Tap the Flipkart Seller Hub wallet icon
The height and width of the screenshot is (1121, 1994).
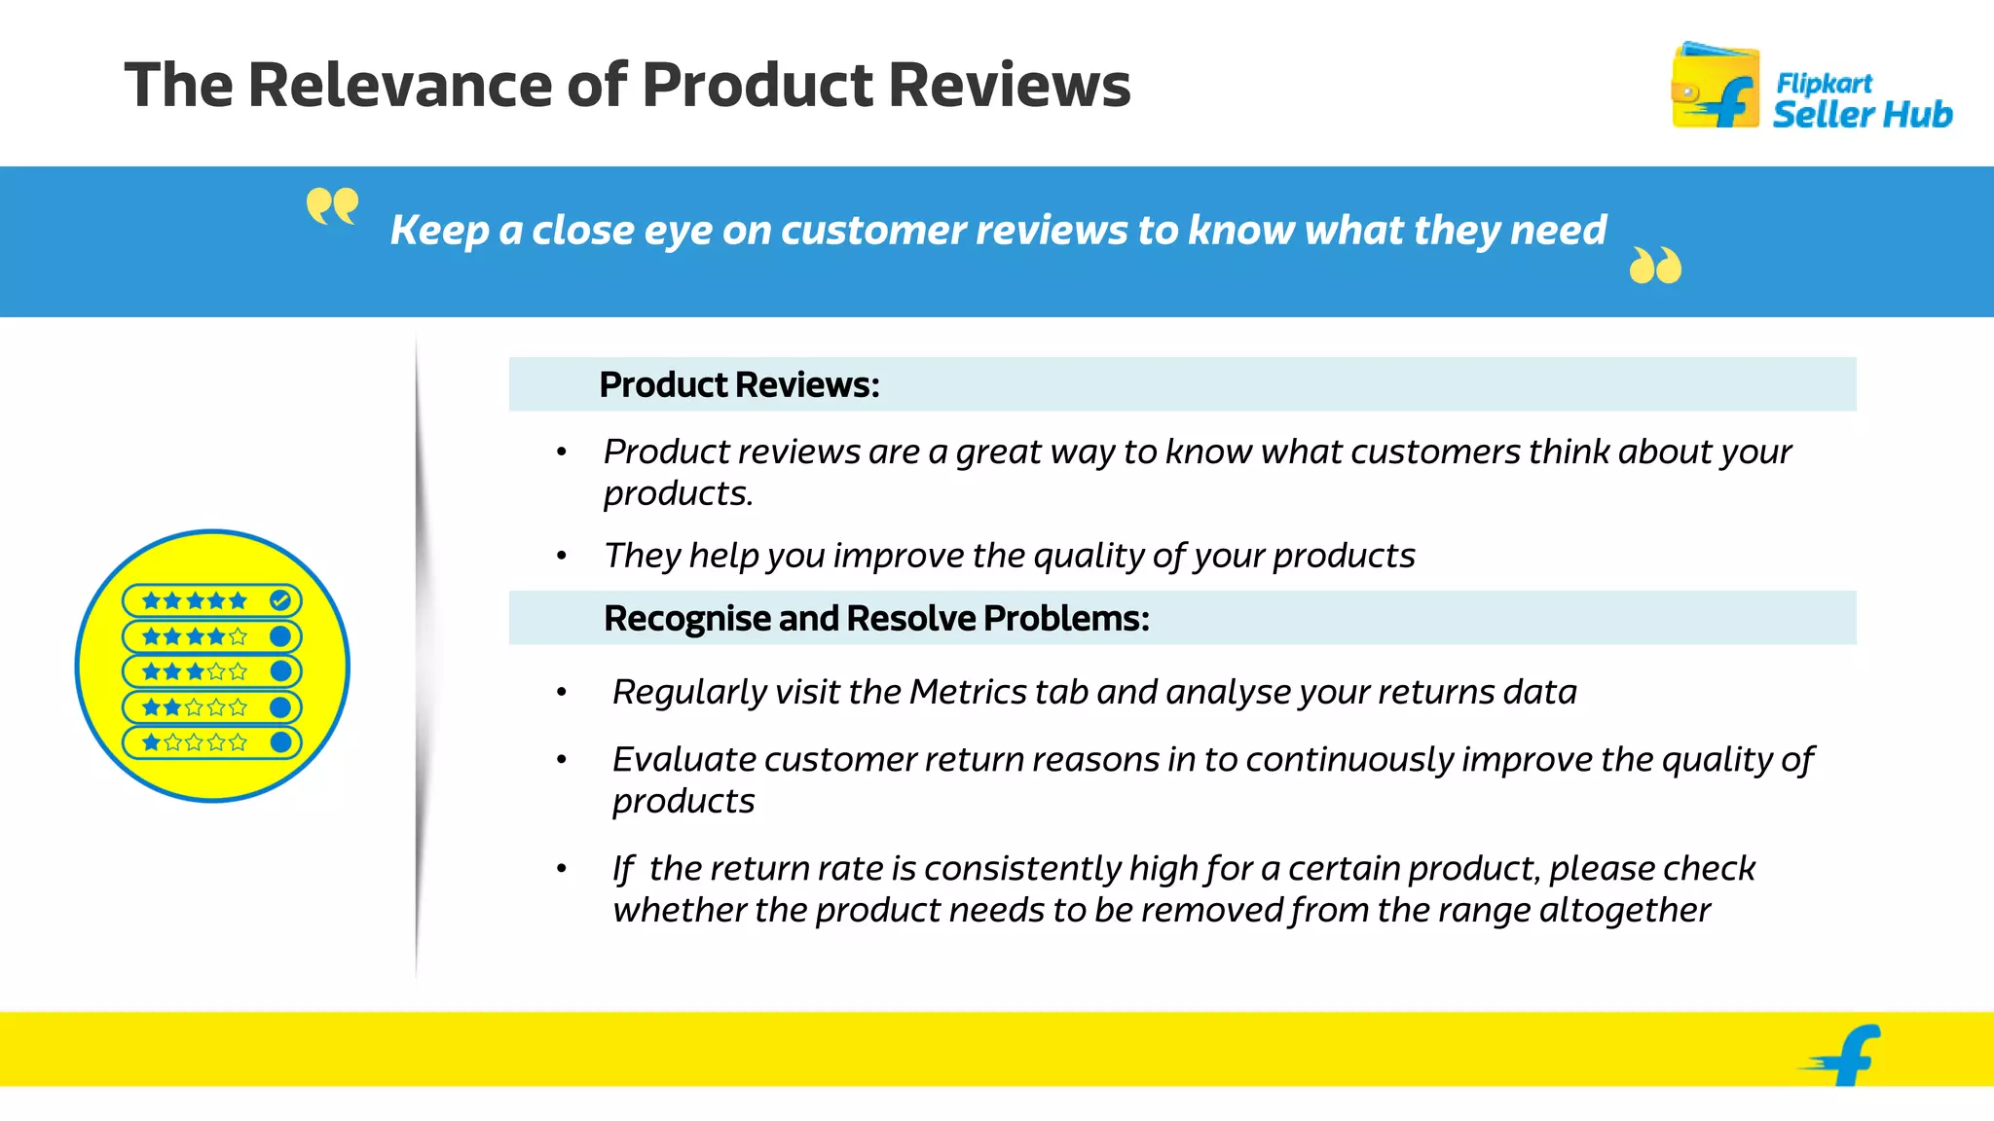1715,87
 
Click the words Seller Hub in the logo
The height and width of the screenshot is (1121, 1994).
1862,114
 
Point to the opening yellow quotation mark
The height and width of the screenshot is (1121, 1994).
332,205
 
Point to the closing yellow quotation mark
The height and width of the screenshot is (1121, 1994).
1655,265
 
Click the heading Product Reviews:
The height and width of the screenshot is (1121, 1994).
739,384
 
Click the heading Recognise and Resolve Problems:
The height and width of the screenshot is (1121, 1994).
876,618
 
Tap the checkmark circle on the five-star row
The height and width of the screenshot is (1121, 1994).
280,600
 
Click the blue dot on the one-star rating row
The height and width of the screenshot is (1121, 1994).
280,742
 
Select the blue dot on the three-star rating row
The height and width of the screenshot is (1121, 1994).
280,671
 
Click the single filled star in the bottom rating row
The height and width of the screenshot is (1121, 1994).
152,742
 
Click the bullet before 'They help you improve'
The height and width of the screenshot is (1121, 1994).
562,556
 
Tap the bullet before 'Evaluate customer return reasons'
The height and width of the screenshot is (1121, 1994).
562,760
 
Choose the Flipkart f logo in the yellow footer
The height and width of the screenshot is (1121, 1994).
1846,1055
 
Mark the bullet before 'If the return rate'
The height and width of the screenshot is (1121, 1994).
562,868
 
